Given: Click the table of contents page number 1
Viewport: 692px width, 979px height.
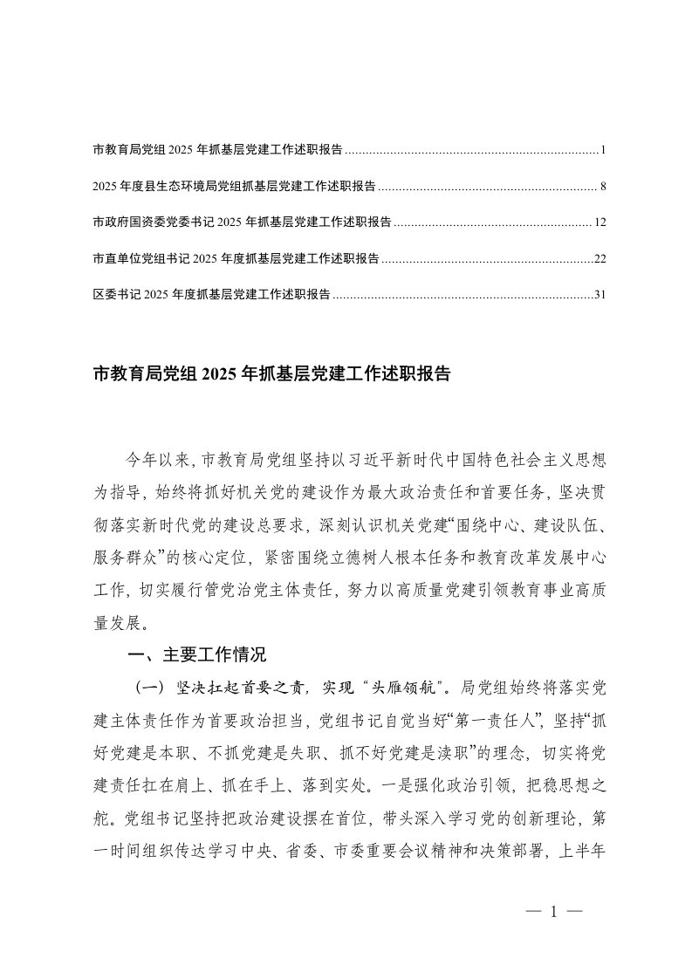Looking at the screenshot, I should [x=603, y=150].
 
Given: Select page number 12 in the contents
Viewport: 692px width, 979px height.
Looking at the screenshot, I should [x=600, y=222].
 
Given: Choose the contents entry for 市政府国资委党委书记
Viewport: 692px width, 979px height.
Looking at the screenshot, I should [x=242, y=222].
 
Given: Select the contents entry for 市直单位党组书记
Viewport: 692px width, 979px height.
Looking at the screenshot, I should [x=235, y=259].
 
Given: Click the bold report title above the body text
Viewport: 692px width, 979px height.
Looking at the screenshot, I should [x=271, y=375].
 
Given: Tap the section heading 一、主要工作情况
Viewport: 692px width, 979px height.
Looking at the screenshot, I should [x=196, y=655].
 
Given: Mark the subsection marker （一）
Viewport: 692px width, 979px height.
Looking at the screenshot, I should [x=148, y=688].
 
